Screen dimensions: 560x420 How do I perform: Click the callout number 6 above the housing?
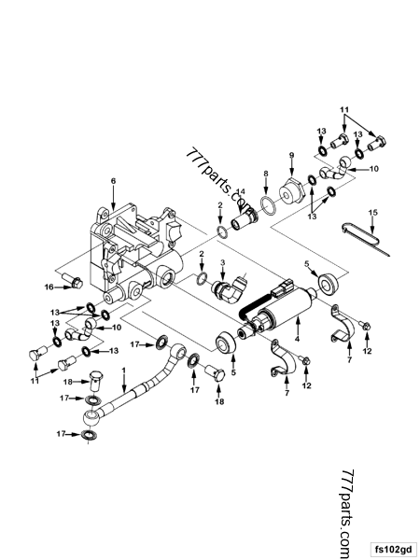click(x=113, y=179)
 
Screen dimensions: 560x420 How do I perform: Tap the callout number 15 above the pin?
click(x=372, y=214)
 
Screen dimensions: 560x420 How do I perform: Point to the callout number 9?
click(x=290, y=154)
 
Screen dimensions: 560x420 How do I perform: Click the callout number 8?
click(x=266, y=174)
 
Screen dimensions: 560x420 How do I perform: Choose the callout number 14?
click(x=240, y=191)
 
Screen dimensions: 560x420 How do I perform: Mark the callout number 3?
click(x=223, y=265)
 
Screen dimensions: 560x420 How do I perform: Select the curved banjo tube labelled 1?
click(x=140, y=383)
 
